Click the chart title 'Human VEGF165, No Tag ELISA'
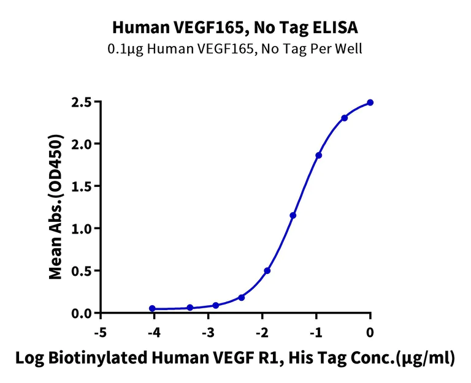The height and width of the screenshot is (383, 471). [x=235, y=27]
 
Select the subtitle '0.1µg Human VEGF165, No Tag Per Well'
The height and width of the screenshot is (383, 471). [x=235, y=49]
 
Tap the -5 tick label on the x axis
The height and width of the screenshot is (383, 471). [x=100, y=332]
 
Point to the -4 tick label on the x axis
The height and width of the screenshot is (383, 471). [x=154, y=332]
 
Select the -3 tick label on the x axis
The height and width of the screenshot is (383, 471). [x=208, y=332]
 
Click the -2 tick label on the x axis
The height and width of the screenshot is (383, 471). [x=262, y=332]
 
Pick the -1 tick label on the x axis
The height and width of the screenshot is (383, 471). [x=316, y=332]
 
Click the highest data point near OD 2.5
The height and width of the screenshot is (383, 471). [x=370, y=103]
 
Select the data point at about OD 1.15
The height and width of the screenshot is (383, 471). [x=293, y=216]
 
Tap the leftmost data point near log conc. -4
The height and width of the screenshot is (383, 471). [x=153, y=309]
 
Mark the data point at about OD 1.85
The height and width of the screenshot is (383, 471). [x=319, y=156]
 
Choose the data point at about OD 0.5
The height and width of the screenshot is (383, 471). [x=267, y=271]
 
